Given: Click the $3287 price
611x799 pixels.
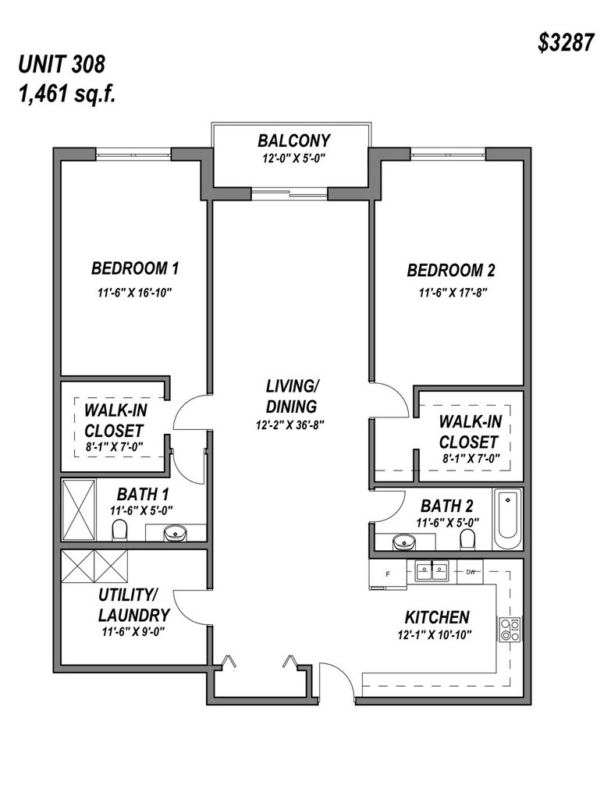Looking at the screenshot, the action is (565, 43).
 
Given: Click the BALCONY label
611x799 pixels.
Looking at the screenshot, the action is (293, 141).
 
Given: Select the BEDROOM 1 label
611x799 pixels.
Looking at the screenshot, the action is (135, 269).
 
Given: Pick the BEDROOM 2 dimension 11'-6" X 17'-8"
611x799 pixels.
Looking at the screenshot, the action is (451, 294).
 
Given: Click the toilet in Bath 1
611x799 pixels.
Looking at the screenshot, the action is (119, 531).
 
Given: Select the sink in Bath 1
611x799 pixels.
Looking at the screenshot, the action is (176, 534).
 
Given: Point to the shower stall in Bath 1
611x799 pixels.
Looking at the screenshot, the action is (79, 509).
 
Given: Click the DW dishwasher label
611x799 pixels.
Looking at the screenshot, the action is (471, 572).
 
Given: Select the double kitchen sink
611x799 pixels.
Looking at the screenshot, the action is (432, 572).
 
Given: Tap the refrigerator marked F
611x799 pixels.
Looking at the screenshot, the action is (388, 573).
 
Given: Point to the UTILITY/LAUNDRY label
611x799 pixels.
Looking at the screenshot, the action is (133, 604).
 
